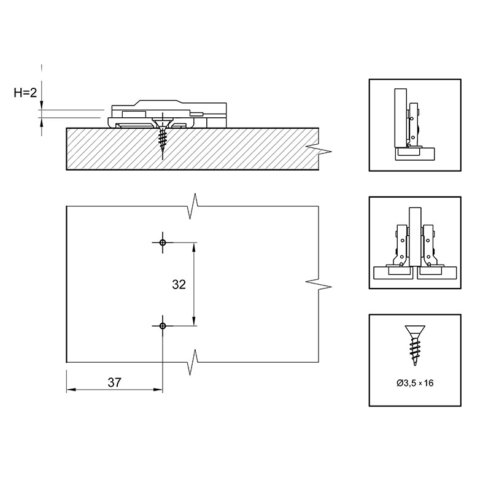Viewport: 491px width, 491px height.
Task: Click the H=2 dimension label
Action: coord(25,93)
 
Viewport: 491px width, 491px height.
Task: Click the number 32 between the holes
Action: coord(179,284)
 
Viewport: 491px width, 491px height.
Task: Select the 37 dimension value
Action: coord(114,382)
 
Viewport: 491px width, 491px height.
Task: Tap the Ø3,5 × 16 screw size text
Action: coord(415,382)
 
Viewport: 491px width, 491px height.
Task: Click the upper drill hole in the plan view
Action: coord(163,242)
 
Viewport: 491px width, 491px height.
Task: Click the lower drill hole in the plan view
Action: coord(163,326)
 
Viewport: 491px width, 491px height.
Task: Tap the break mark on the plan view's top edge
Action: coord(194,206)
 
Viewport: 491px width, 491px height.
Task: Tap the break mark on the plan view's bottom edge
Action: coord(194,362)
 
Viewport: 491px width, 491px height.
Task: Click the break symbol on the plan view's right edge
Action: coord(319,284)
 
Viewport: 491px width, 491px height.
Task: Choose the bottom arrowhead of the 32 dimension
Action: coord(194,321)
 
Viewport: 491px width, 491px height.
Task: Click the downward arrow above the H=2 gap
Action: coord(41,105)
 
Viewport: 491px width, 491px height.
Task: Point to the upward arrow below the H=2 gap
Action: coord(41,123)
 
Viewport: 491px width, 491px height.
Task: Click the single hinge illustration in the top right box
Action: coord(415,125)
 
